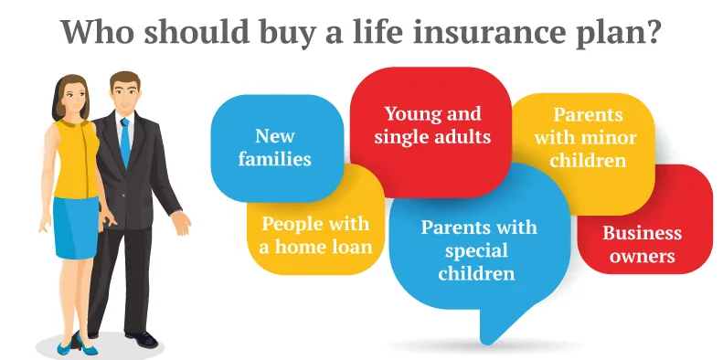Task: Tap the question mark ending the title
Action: tap(650, 30)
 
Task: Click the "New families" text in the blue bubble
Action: tap(275, 147)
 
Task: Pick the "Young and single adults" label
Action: tap(432, 125)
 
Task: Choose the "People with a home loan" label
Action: tap(316, 235)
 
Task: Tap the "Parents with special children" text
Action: tap(479, 250)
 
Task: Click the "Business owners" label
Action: tap(643, 244)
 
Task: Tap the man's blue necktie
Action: tap(125, 143)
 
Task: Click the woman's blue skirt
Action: tap(76, 228)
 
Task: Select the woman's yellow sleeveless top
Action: tap(77, 159)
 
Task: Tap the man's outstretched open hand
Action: tap(182, 222)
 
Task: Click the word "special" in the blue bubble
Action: tap(476, 251)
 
